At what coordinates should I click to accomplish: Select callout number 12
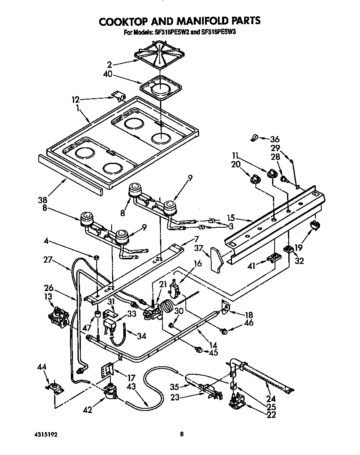click(x=75, y=99)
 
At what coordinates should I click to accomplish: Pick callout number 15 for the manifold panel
click(x=232, y=217)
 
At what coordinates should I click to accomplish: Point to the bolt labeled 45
click(x=198, y=349)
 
